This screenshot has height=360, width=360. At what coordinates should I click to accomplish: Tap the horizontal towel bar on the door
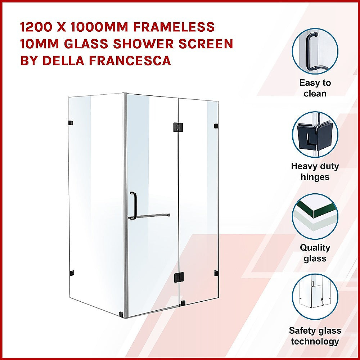click(x=150, y=216)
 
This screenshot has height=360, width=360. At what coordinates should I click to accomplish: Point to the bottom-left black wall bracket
click(x=72, y=272)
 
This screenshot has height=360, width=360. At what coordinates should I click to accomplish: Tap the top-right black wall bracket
click(x=216, y=126)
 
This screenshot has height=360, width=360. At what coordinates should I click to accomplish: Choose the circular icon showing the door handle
click(x=315, y=51)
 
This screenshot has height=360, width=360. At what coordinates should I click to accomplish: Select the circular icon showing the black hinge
click(x=315, y=134)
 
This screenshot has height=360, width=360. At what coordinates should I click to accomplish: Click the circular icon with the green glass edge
click(x=315, y=216)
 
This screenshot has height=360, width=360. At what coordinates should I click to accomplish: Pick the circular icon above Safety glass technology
click(x=315, y=297)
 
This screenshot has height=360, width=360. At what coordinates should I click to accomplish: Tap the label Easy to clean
click(x=315, y=88)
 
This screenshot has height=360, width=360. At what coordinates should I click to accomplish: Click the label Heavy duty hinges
click(x=315, y=171)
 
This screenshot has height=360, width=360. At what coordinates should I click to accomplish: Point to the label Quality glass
click(x=315, y=253)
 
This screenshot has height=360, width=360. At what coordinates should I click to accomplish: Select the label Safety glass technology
click(x=315, y=336)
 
